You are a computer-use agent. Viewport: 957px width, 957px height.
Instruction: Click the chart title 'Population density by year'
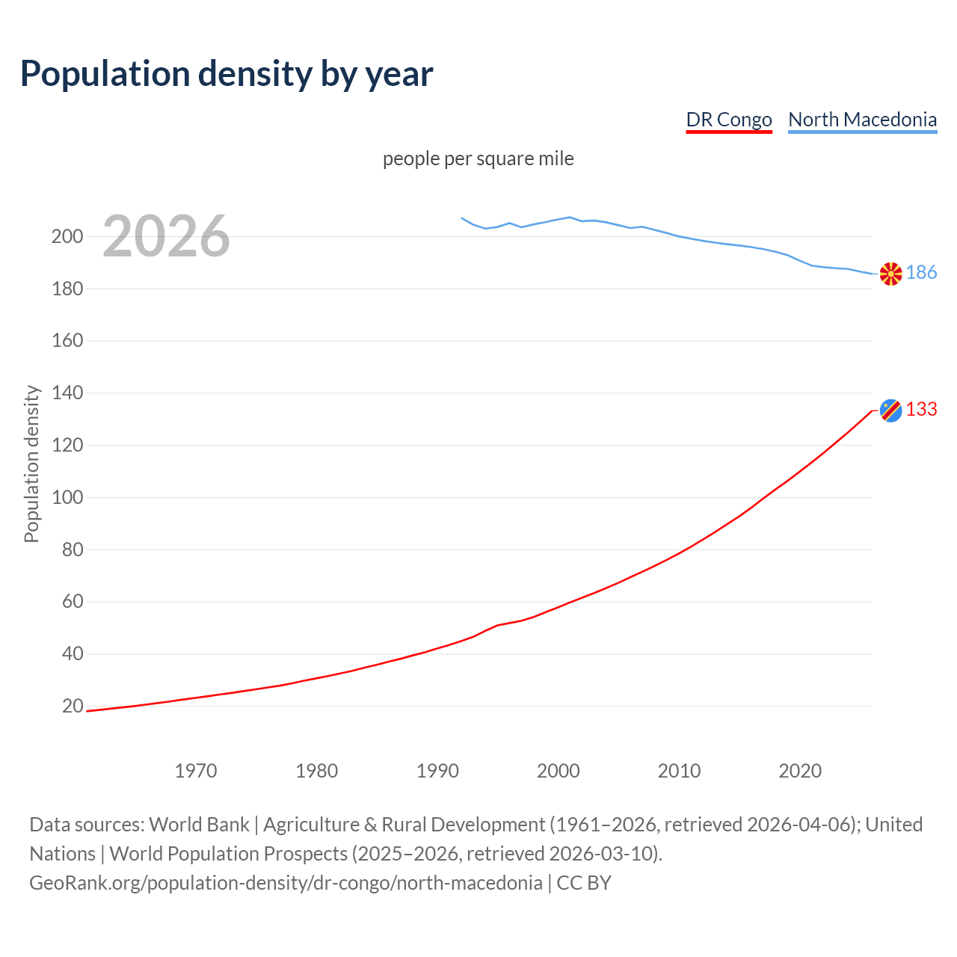[x=227, y=74]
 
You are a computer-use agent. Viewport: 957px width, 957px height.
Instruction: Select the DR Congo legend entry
[x=728, y=120]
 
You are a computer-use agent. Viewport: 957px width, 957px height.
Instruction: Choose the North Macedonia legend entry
[x=862, y=120]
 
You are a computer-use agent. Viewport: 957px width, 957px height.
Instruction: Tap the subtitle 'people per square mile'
[x=478, y=159]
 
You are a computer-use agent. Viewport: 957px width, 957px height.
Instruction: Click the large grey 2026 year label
[x=166, y=236]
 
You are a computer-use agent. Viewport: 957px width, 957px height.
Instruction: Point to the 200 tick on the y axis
[x=67, y=237]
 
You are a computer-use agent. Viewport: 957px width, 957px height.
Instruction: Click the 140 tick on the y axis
[x=67, y=393]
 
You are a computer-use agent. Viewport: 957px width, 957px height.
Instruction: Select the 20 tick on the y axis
[x=72, y=707]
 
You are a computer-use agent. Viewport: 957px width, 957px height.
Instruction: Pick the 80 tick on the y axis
[x=72, y=550]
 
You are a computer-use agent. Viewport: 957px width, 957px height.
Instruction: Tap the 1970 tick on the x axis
[x=196, y=771]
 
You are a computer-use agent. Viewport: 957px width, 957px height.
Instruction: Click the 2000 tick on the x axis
[x=558, y=771]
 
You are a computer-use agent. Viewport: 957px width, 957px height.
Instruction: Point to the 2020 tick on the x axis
[x=800, y=771]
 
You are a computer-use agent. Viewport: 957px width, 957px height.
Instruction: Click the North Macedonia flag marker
[x=890, y=274]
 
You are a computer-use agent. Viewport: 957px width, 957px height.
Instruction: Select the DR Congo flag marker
[x=890, y=410]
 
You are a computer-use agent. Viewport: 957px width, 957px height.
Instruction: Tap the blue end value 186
[x=921, y=273]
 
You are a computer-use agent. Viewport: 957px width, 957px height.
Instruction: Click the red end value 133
[x=921, y=410]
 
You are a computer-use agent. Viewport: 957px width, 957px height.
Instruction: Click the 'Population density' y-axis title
[x=31, y=464]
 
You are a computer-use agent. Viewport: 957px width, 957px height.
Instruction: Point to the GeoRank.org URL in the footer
[x=286, y=883]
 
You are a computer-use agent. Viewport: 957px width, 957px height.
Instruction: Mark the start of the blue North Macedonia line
[x=462, y=218]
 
